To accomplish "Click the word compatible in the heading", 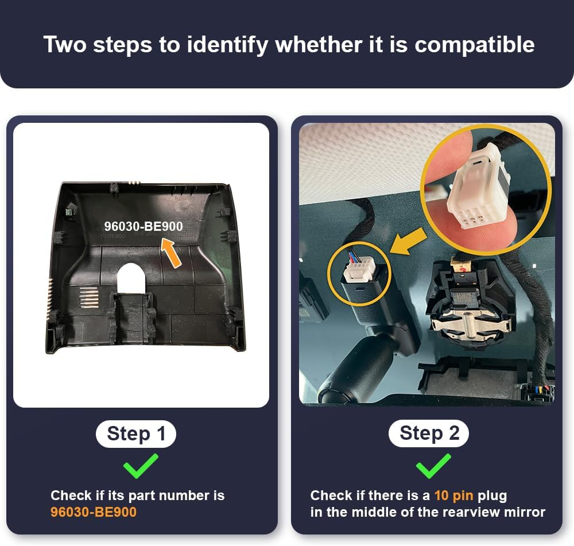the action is [475, 45].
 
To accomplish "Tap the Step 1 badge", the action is [136, 434].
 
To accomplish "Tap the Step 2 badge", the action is [429, 433].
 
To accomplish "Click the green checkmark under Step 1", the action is [141, 466].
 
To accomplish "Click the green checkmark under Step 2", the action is [433, 466].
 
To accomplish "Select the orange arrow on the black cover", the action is [171, 252].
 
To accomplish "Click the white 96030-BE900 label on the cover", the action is [143, 226].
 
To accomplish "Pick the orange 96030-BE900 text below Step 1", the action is [94, 512].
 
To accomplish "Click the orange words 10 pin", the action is [454, 495].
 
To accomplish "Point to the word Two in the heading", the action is [65, 44].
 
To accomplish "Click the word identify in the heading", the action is [228, 45].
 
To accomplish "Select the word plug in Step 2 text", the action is [492, 496].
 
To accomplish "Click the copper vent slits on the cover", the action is [90, 296].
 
